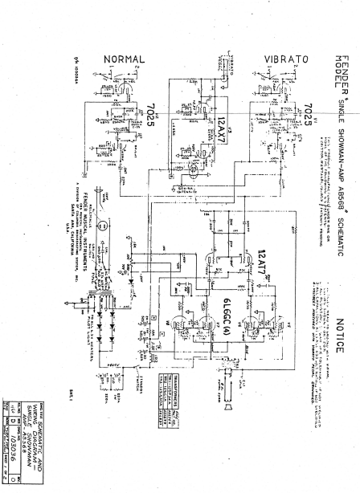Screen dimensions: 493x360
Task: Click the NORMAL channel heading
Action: [x=125, y=59]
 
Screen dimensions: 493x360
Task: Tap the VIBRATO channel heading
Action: [x=286, y=59]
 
